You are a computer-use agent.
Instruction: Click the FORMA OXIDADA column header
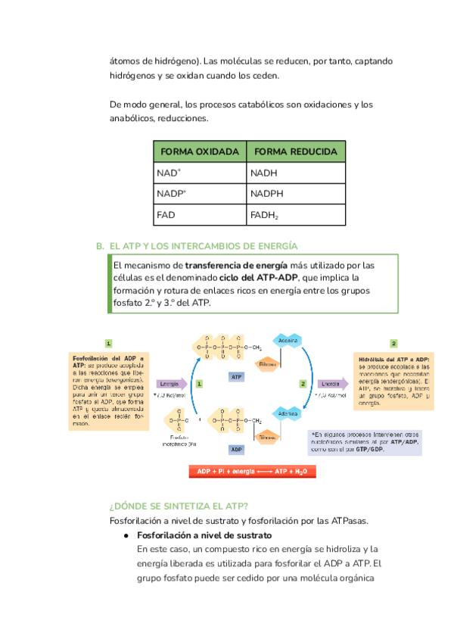pos(200,152)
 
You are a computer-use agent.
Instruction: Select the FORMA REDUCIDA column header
pos(296,152)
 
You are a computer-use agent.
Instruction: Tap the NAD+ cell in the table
pos(169,173)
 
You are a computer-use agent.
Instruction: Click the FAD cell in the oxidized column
pos(166,216)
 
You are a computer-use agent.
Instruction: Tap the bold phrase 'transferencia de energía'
pos(236,266)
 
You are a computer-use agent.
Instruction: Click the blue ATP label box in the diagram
pos(236,376)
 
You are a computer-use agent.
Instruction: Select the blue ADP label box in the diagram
pos(236,449)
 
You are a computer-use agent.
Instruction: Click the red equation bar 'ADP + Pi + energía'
pos(252,472)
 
